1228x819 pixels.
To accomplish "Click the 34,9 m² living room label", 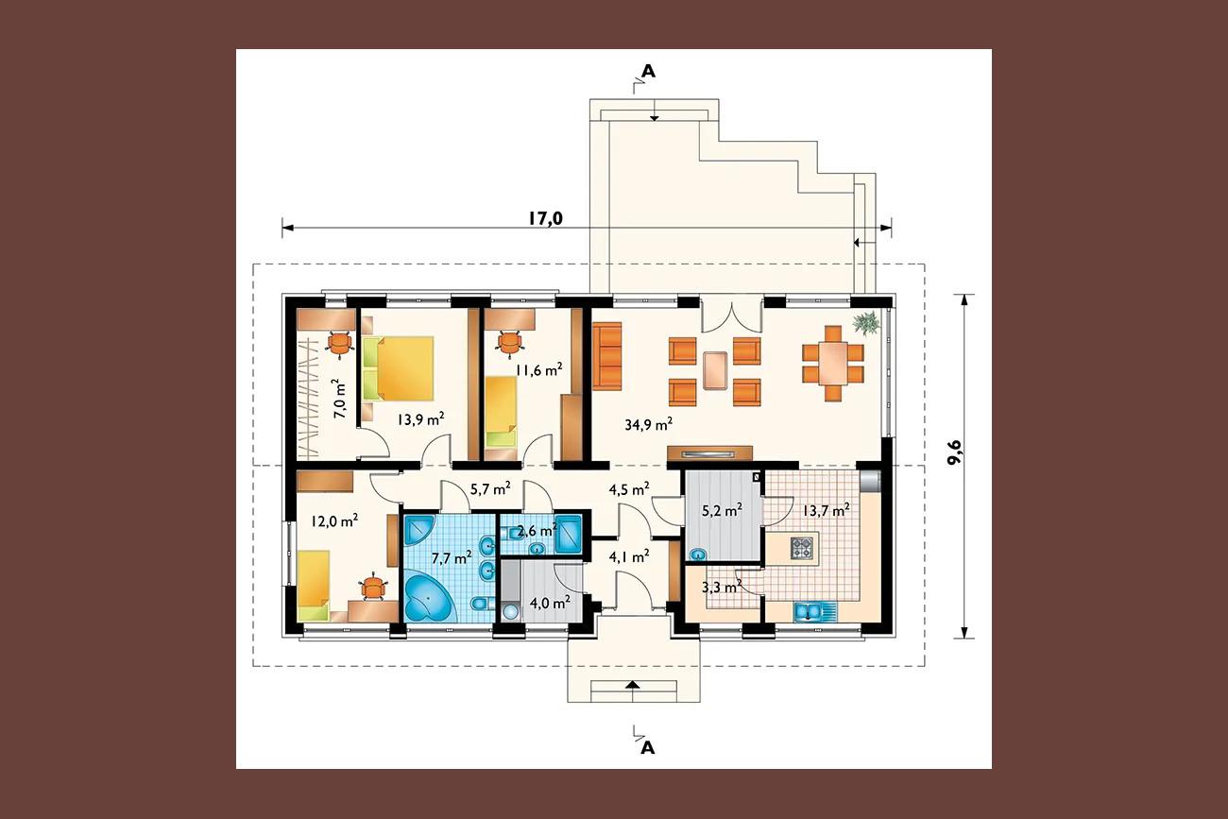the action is click(649, 424).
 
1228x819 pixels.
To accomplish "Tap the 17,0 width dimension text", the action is click(545, 218).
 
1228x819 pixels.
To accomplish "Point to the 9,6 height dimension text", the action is click(954, 452).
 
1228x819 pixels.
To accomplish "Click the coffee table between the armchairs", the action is click(715, 370).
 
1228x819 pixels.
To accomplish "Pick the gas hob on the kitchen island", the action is click(802, 548).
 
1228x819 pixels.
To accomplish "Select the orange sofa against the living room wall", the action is click(606, 356).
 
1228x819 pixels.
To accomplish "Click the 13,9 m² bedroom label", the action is click(420, 420).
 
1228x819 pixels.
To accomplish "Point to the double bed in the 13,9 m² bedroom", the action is click(399, 368).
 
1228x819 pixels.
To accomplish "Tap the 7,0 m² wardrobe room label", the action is click(340, 399).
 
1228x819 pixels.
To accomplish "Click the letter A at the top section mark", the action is click(649, 71).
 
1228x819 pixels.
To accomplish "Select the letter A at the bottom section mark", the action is click(648, 748).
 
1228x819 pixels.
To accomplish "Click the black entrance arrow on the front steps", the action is click(633, 684).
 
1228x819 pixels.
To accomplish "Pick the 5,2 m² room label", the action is click(722, 511).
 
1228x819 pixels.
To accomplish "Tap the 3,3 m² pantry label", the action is click(722, 588).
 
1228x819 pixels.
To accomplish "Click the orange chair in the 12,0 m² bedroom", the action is click(373, 588).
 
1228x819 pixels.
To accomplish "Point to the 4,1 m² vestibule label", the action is click(629, 557).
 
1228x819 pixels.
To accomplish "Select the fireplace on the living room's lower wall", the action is click(710, 453).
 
